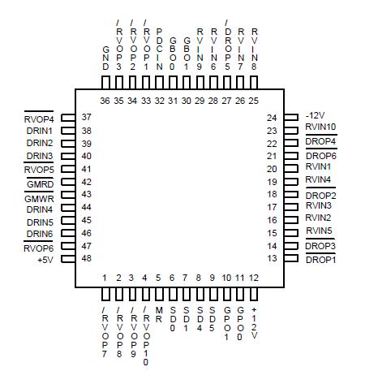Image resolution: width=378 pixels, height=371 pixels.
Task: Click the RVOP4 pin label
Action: [40, 119]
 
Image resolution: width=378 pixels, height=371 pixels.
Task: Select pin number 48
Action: [87, 258]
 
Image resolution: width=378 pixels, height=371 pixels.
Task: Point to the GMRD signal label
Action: [40, 183]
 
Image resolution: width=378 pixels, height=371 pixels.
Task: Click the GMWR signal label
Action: [40, 197]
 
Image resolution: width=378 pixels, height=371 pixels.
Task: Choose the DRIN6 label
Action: [40, 234]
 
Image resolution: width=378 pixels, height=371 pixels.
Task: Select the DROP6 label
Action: [320, 155]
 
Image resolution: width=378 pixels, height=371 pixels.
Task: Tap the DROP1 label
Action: [320, 259]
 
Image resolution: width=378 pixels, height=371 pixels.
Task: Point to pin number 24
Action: [272, 119]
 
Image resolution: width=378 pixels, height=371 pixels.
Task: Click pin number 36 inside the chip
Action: [105, 101]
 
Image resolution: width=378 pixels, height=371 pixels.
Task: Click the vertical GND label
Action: [105, 58]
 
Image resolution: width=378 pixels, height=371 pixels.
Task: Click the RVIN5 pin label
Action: [318, 231]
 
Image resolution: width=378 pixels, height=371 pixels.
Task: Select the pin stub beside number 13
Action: [294, 259]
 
